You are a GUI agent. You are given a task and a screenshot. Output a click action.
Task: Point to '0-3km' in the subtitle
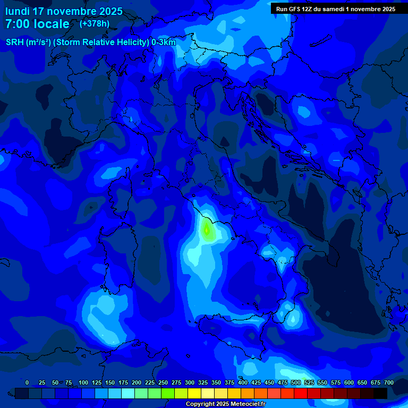pos(164,42)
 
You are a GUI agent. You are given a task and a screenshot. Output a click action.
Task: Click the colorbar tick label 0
pos(27,382)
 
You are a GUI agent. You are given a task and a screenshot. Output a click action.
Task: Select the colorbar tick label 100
pos(83,382)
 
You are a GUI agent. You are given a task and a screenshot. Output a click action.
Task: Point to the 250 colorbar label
pos(163,382)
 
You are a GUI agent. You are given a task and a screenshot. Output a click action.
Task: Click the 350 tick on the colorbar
pos(216,382)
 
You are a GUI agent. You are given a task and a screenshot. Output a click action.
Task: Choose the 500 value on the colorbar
pos(296,382)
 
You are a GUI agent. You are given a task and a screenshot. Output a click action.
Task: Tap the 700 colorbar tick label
pos(389,382)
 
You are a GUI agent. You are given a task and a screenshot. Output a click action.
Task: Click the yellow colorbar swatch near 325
pos(194,393)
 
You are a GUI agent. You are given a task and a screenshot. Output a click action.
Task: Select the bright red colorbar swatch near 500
pos(301,393)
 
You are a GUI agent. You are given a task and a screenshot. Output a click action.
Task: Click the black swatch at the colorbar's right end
pos(380,393)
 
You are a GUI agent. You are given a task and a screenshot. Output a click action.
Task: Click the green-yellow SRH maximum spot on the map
pos(207,231)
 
